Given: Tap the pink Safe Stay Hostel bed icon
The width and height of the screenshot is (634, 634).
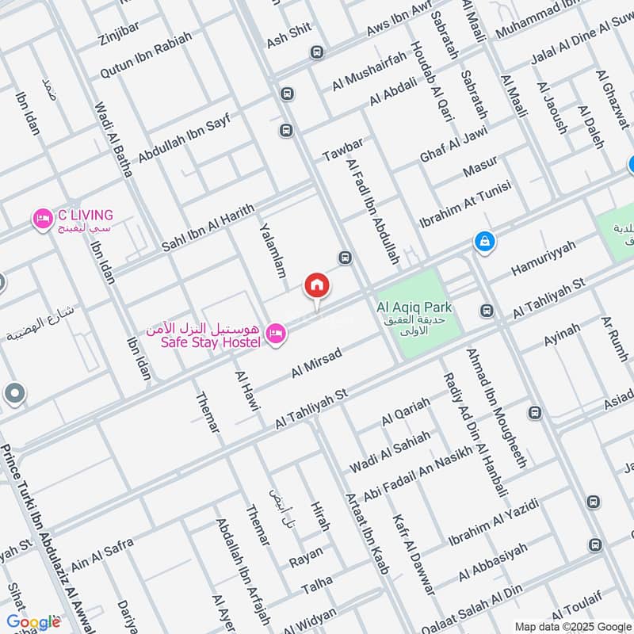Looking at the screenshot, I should (x=276, y=334).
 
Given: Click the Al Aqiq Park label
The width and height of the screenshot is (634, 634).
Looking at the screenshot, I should (x=414, y=307).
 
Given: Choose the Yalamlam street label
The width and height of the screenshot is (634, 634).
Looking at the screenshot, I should (x=271, y=250).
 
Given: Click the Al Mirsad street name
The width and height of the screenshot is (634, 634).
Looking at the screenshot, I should (x=316, y=362).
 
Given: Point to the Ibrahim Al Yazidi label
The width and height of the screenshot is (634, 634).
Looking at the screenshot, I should (x=493, y=523).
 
